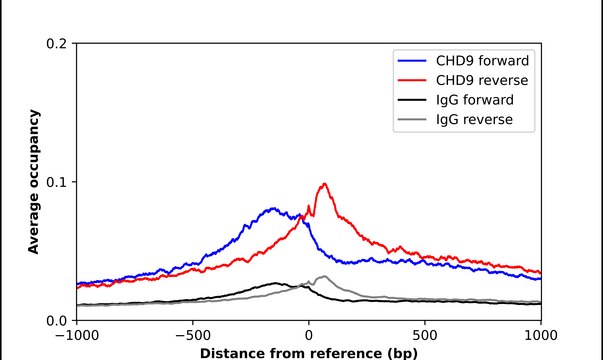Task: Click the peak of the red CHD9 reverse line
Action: [x=324, y=184]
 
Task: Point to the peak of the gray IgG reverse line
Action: [x=323, y=276]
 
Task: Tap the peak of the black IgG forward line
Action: [x=276, y=283]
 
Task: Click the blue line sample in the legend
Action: [x=415, y=60]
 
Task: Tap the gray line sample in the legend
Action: [x=415, y=120]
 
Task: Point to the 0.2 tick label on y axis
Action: [x=57, y=44]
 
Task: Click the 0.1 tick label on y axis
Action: [x=57, y=182]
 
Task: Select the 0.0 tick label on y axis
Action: [x=57, y=320]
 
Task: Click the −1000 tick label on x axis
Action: [x=75, y=336]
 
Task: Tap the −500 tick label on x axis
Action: [x=192, y=336]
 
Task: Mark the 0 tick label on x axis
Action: [x=308, y=336]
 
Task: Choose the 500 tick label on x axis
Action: [x=425, y=336]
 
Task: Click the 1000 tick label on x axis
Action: [x=541, y=336]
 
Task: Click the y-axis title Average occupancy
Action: [x=33, y=182]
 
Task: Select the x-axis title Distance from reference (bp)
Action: [x=308, y=352]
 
